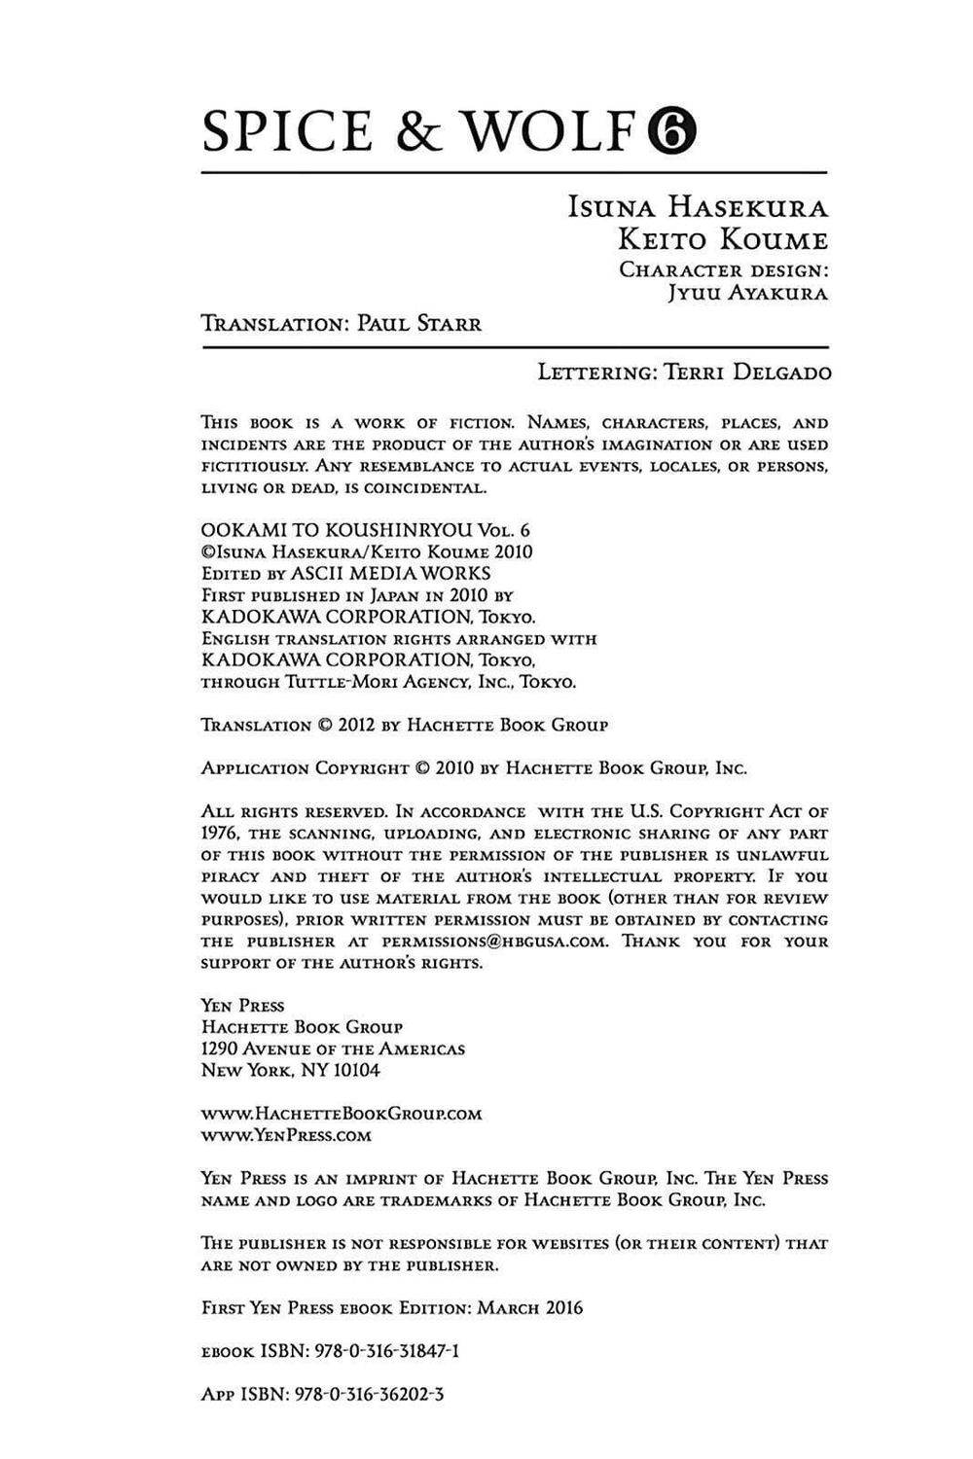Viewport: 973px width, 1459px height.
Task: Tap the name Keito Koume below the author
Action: point(718,240)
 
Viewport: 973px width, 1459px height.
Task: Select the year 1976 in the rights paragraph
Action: point(220,834)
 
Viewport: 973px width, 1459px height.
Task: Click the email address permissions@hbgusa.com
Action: point(495,942)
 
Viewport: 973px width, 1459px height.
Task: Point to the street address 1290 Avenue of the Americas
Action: point(333,1049)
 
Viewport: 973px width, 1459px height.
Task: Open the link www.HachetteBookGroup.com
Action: point(342,1114)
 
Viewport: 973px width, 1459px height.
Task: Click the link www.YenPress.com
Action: point(286,1135)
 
